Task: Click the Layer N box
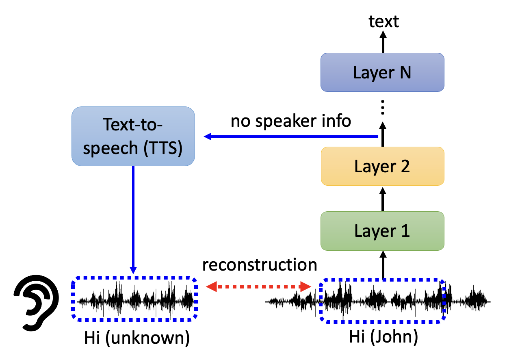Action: (382, 72)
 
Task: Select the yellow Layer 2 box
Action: (382, 166)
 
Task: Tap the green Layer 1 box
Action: (382, 231)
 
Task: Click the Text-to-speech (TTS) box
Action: (133, 136)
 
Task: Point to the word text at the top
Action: (384, 21)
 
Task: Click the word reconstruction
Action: (260, 265)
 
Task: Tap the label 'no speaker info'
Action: (291, 121)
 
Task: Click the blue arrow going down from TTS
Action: (133, 219)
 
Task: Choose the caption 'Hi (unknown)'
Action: (137, 338)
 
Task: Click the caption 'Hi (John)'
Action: (383, 337)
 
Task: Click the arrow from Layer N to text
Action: (382, 42)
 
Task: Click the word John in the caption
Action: (393, 337)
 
